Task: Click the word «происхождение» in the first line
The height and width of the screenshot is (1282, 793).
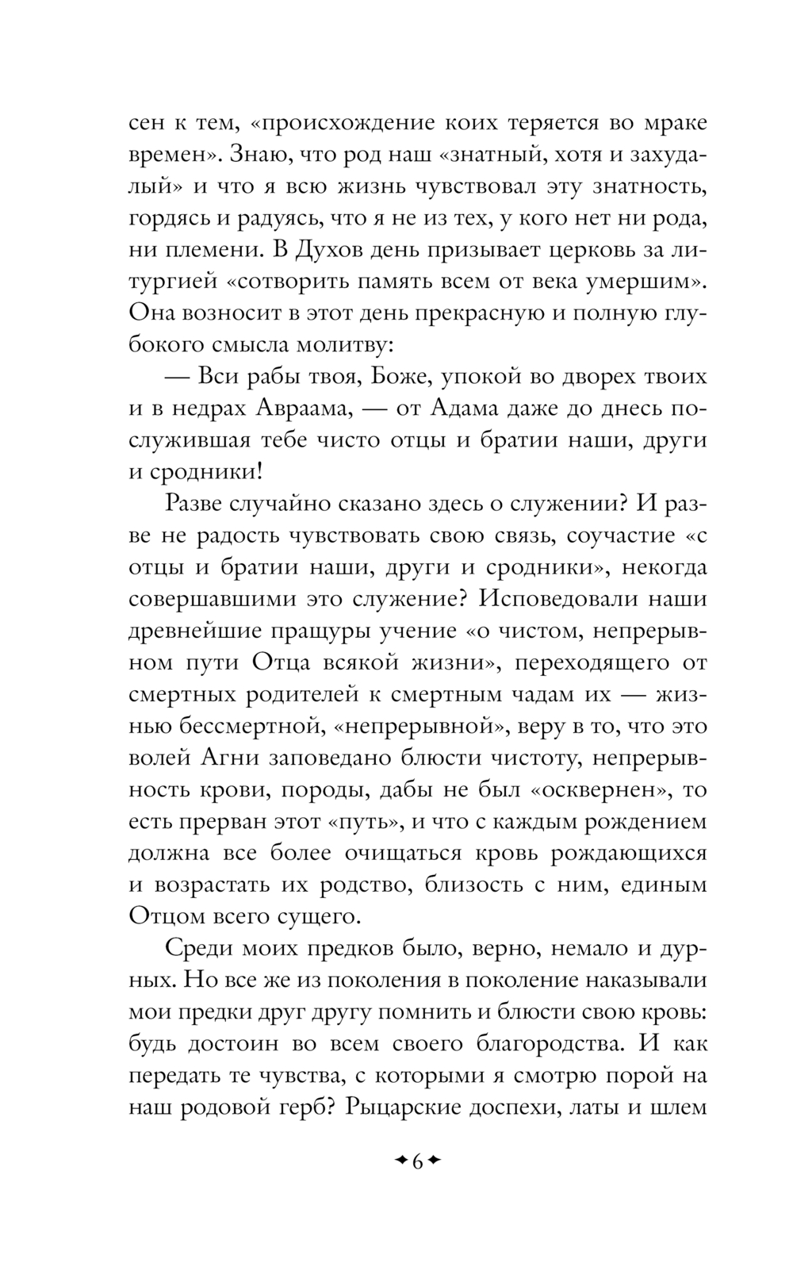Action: point(339,125)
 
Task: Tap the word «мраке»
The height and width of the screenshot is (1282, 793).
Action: point(662,125)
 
